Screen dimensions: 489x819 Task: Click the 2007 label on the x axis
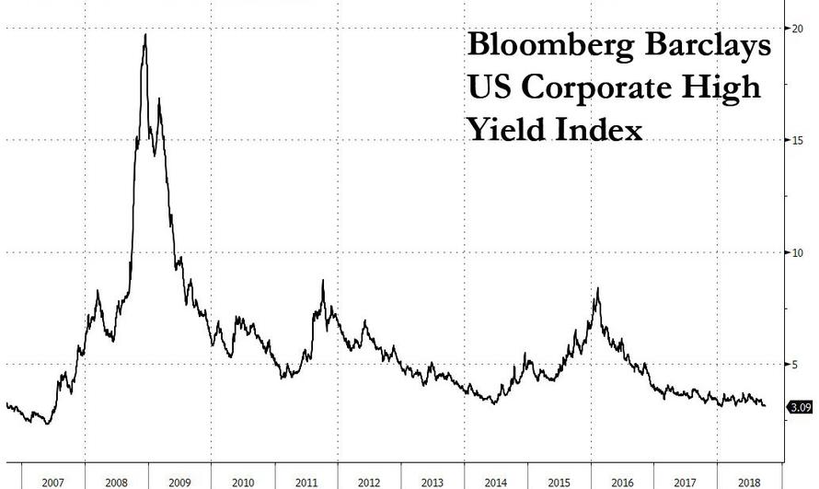tap(52, 482)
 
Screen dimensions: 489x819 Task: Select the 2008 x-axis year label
tap(116, 482)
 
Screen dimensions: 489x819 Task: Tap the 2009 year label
tap(179, 482)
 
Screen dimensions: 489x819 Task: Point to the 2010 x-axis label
tap(243, 482)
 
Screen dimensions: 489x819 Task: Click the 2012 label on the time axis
tap(369, 482)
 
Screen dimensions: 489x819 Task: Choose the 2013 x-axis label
tap(433, 482)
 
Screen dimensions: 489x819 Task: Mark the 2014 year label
tap(496, 482)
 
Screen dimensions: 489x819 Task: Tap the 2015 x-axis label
tap(559, 482)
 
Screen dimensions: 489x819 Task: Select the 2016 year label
tap(623, 482)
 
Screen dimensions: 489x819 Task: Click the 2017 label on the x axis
tap(686, 482)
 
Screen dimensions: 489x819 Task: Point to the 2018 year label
tap(749, 482)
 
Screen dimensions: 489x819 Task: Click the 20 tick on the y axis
tap(797, 28)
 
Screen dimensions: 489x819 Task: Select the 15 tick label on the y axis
tap(797, 140)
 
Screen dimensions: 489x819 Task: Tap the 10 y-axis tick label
tap(797, 252)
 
